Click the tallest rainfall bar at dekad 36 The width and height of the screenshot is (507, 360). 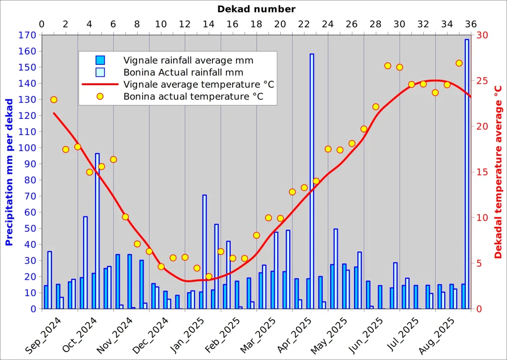tap(466, 173)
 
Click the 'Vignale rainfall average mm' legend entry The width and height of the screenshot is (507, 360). tap(188, 60)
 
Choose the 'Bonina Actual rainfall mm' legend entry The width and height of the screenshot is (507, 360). tap(183, 72)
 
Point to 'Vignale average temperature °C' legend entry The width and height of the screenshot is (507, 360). tap(199, 84)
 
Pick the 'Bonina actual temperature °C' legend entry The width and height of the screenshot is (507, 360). tap(193, 96)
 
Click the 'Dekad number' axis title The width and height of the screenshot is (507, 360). tap(256, 9)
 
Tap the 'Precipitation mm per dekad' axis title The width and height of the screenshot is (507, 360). tap(9, 172)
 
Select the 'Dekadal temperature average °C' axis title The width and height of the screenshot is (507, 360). tap(498, 172)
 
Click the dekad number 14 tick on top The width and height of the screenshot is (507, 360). tap(208, 24)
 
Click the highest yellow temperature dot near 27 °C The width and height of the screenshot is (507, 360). tap(459, 63)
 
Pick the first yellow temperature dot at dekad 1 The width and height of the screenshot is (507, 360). tap(54, 100)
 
